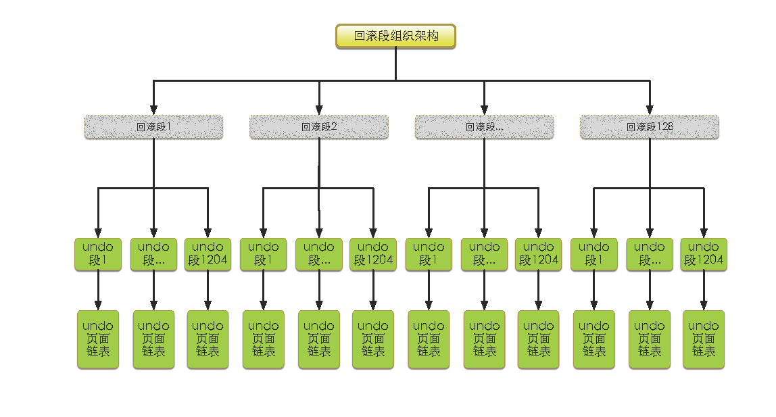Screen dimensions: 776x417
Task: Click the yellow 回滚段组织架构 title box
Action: (395, 36)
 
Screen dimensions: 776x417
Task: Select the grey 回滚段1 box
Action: (153, 127)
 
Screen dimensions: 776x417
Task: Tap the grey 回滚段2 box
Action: (319, 127)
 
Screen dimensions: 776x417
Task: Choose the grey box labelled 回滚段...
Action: (484, 127)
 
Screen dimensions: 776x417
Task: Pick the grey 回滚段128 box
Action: (650, 127)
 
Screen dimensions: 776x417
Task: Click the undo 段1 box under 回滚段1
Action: (98, 254)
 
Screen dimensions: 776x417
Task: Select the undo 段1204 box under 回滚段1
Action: (208, 254)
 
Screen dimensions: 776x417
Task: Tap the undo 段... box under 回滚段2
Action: (319, 254)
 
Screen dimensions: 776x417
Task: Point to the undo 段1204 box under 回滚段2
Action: (373, 254)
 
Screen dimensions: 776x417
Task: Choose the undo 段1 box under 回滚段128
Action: (594, 254)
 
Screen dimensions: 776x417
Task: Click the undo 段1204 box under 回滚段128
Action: (704, 254)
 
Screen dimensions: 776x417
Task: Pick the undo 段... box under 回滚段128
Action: (650, 254)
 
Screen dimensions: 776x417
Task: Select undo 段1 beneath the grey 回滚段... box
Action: (429, 254)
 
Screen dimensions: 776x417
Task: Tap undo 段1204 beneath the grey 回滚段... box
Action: (539, 254)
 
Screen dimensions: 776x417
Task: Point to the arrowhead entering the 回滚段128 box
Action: (650, 109)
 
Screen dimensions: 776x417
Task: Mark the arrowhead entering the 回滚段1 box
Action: (153, 109)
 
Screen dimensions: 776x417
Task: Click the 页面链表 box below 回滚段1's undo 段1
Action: (98, 339)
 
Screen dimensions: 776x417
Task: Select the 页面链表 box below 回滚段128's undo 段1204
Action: (704, 339)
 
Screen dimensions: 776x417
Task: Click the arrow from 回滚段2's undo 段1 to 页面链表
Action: (264, 291)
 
